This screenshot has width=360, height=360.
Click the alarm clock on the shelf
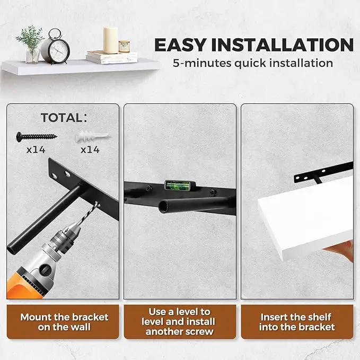56,47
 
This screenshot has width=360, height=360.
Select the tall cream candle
111,40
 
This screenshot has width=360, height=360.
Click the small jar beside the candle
124,46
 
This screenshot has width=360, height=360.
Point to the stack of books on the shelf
111,57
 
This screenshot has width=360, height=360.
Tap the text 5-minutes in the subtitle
202,63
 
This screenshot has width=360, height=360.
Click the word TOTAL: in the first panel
64,118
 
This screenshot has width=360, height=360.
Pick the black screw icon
37,137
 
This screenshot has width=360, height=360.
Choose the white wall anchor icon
93,137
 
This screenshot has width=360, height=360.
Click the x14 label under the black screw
36,150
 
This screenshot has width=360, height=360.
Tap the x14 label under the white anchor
90,150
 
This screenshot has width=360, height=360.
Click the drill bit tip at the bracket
98,203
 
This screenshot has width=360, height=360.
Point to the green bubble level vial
177,185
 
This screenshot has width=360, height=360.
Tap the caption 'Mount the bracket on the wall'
64,322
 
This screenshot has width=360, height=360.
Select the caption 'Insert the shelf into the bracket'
297,322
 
